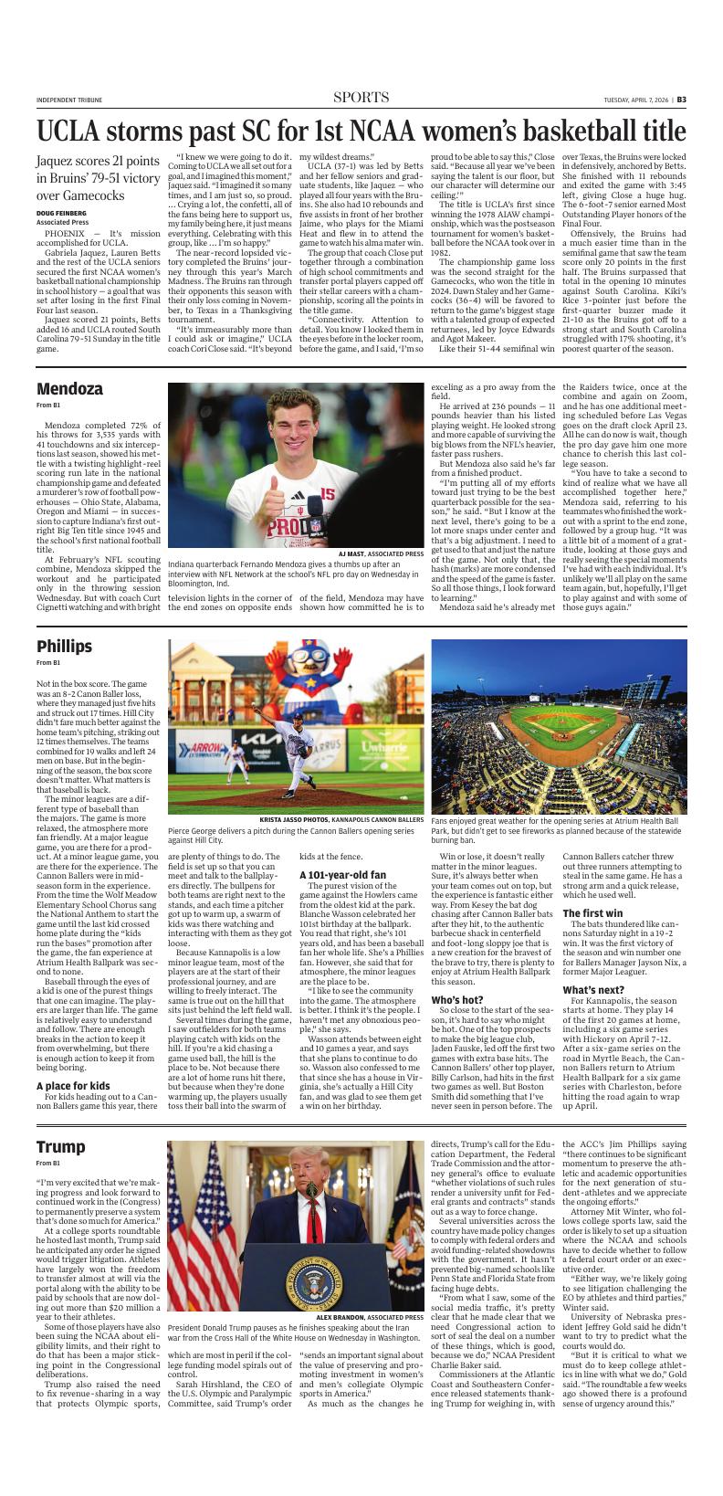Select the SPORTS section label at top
361,98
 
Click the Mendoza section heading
69,389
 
